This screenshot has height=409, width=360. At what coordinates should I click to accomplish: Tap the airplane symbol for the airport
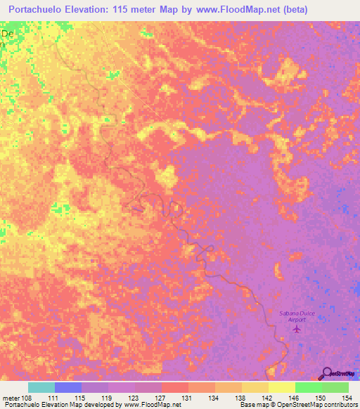296,328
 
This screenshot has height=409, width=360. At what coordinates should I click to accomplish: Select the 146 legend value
295,398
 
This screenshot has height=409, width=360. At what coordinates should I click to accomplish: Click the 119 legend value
108,398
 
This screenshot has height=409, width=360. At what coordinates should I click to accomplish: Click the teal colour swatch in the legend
41,388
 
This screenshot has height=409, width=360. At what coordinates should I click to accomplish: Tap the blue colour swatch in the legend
68,388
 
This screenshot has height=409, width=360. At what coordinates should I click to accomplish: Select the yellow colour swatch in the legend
282,388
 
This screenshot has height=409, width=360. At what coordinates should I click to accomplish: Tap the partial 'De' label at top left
7,33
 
